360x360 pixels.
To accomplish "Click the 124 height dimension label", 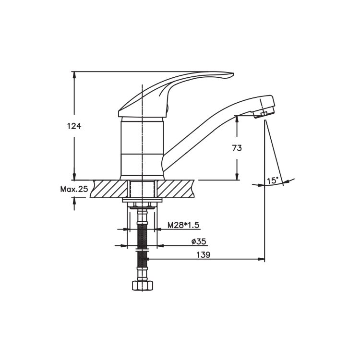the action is (x=74, y=126).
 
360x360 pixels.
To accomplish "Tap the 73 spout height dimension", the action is (x=237, y=148).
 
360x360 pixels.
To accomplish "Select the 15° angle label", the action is (x=273, y=180).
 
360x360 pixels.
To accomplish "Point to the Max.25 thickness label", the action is (x=74, y=189).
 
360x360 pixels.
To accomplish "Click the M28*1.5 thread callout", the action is (x=183, y=225).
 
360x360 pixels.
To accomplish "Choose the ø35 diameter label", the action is (x=199, y=241).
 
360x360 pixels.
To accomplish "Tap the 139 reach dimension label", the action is (x=203, y=254).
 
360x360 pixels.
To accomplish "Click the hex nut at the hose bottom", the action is (x=143, y=286).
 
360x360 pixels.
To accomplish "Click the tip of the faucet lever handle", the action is (x=233, y=74).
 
